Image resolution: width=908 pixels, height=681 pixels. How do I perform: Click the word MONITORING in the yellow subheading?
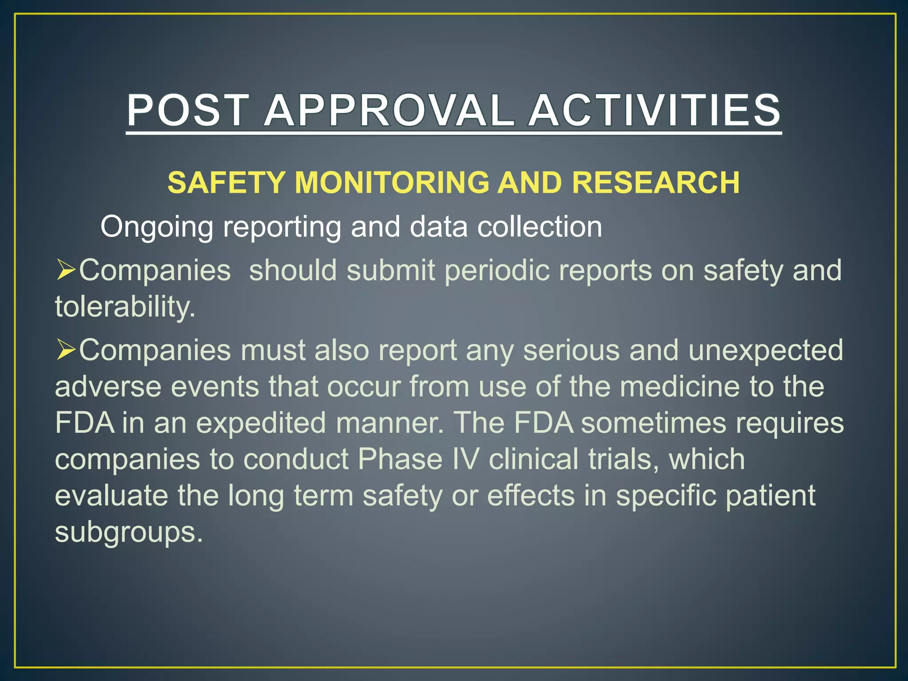pyautogui.click(x=391, y=183)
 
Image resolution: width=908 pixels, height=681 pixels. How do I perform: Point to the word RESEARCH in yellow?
pyautogui.click(x=655, y=183)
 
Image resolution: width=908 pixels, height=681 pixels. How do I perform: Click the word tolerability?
pyautogui.click(x=125, y=306)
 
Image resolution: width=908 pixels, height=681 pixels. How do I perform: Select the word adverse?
pyautogui.click(x=108, y=387)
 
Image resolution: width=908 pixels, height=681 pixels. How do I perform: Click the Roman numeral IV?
pyautogui.click(x=466, y=459)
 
